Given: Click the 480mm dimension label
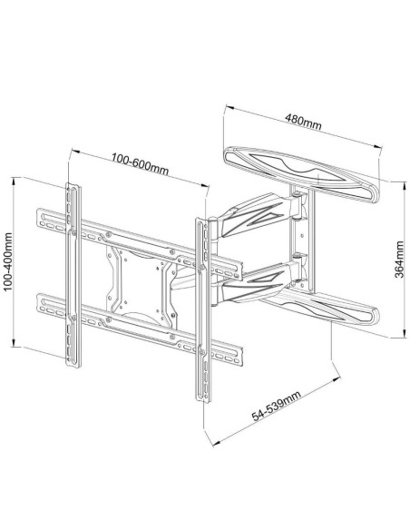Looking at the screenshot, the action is click(x=303, y=122).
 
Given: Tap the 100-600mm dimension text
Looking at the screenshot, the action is click(x=140, y=164).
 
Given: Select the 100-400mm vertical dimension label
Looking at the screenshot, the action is click(x=7, y=261).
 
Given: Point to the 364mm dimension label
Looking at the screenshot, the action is click(x=399, y=260).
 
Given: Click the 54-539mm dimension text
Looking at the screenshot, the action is click(x=276, y=406).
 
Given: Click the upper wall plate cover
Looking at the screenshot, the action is click(x=301, y=174).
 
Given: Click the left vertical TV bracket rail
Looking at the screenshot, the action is click(x=73, y=276).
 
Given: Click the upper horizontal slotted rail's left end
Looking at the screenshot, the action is click(x=41, y=218).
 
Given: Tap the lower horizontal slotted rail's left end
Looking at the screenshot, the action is click(x=41, y=303).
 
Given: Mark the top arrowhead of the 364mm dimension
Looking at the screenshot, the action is click(x=404, y=184).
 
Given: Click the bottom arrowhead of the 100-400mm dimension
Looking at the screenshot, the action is click(x=14, y=343).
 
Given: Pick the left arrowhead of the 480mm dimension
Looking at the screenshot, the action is click(x=229, y=108).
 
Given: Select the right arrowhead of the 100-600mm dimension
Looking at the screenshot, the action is click(x=205, y=185).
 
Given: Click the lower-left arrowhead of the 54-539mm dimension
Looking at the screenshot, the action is click(x=216, y=443).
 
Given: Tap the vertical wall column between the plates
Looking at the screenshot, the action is click(x=302, y=239).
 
